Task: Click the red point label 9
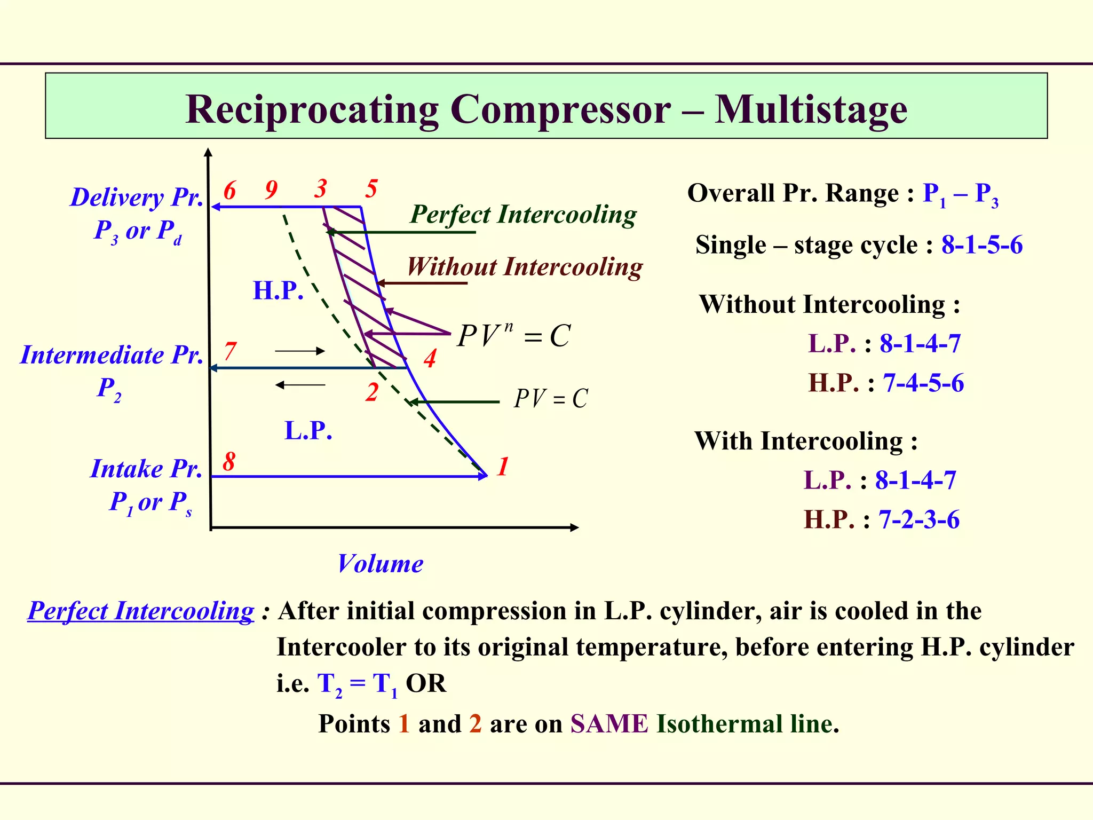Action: tap(271, 190)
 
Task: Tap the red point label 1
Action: tap(502, 467)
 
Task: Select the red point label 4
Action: tap(430, 358)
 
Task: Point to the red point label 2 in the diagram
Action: tap(372, 392)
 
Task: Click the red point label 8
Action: tap(229, 461)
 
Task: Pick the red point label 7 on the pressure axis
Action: tap(230, 351)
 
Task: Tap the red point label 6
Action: tap(229, 191)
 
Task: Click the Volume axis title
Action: tap(380, 564)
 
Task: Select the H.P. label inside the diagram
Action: tap(278, 291)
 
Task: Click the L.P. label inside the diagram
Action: tap(308, 430)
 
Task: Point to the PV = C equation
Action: tap(551, 399)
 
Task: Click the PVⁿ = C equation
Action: tap(514, 336)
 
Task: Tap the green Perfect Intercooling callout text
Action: tap(523, 215)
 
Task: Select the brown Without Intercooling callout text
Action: tap(525, 266)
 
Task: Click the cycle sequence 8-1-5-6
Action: tap(982, 245)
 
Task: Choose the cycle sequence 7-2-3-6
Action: tap(919, 519)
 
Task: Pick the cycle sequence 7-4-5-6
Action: tap(923, 383)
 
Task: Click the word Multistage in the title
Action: tap(811, 109)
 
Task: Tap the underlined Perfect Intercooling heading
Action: tap(141, 611)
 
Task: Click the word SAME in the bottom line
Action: tap(609, 724)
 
